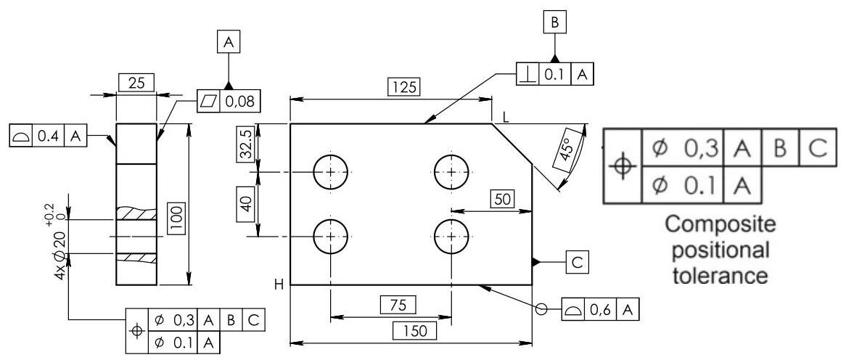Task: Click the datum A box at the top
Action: pyautogui.click(x=229, y=44)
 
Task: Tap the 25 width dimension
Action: pyautogui.click(x=136, y=83)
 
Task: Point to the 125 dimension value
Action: pyautogui.click(x=403, y=87)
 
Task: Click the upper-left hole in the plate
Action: pyautogui.click(x=332, y=172)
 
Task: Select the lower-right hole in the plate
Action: pyautogui.click(x=452, y=237)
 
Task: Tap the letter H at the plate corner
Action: pyautogui.click(x=279, y=285)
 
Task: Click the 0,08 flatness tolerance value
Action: pyautogui.click(x=240, y=102)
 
